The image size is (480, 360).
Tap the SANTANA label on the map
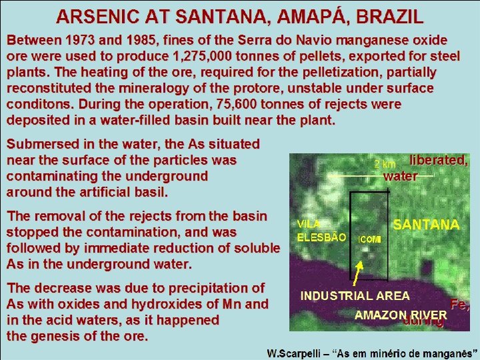coord(426,225)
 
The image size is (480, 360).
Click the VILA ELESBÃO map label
coord(321,231)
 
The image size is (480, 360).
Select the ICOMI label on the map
coord(370,239)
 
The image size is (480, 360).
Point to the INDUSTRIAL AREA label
coord(355,295)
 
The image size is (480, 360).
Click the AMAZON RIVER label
coord(401,315)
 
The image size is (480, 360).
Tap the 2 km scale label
coord(385,164)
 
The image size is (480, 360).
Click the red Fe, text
coord(459,305)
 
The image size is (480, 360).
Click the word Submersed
coord(40,144)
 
